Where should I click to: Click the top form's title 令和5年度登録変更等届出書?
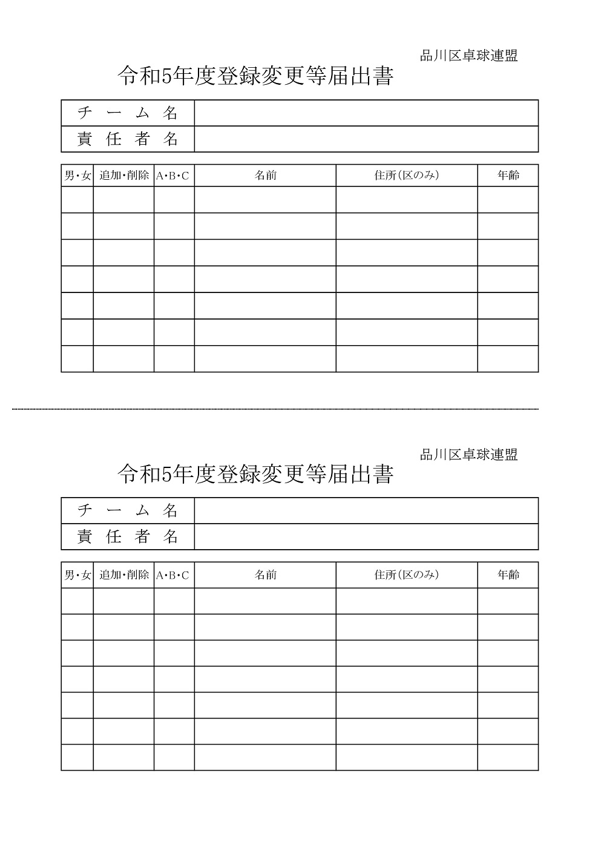[x=255, y=76]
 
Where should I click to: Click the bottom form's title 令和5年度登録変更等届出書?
[x=255, y=474]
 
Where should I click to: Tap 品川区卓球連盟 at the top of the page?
[x=469, y=56]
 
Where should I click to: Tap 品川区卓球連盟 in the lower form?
[x=469, y=455]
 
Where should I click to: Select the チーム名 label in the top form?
[x=128, y=113]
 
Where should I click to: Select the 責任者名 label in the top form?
[x=128, y=139]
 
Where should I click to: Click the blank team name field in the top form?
[x=366, y=113]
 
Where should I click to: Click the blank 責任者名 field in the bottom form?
[x=366, y=537]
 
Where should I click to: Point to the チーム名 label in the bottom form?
[x=128, y=511]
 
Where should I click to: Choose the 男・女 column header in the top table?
[x=77, y=176]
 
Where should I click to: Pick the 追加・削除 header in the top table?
[x=124, y=176]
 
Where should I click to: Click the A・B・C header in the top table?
[x=173, y=176]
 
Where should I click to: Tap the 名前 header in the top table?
[x=265, y=176]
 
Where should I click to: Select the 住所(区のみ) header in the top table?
[x=407, y=176]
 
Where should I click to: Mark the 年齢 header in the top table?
[x=508, y=176]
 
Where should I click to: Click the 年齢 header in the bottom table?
[x=508, y=575]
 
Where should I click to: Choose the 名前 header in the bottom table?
[x=265, y=575]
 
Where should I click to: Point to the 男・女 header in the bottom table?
[x=77, y=575]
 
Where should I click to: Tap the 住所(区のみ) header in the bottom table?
[x=407, y=575]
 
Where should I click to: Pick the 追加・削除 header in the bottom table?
[x=124, y=575]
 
